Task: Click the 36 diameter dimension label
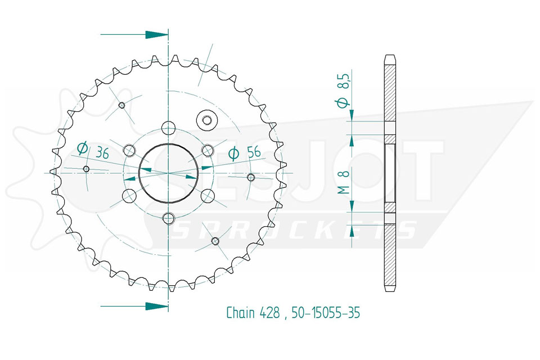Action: pyautogui.click(x=93, y=150)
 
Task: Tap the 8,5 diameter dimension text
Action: pyautogui.click(x=344, y=89)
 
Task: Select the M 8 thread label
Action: pyautogui.click(x=344, y=182)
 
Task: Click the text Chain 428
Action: pyautogui.click(x=253, y=313)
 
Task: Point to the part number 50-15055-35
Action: pyautogui.click(x=326, y=313)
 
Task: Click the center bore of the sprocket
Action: pyautogui.click(x=168, y=173)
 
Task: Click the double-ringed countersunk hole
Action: pyautogui.click(x=206, y=120)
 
